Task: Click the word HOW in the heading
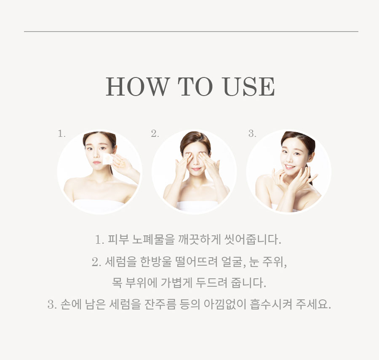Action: click(137, 86)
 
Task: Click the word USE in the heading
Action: click(249, 86)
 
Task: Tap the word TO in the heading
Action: click(195, 86)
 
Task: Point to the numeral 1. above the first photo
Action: click(61, 133)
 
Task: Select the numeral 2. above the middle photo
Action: click(155, 133)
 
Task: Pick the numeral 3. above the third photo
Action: click(252, 133)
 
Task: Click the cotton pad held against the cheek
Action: click(108, 159)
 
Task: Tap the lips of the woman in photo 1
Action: click(97, 163)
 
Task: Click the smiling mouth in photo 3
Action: click(290, 167)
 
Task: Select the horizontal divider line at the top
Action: click(191, 32)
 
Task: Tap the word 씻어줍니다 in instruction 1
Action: click(253, 240)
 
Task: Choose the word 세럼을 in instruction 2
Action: click(120, 261)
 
